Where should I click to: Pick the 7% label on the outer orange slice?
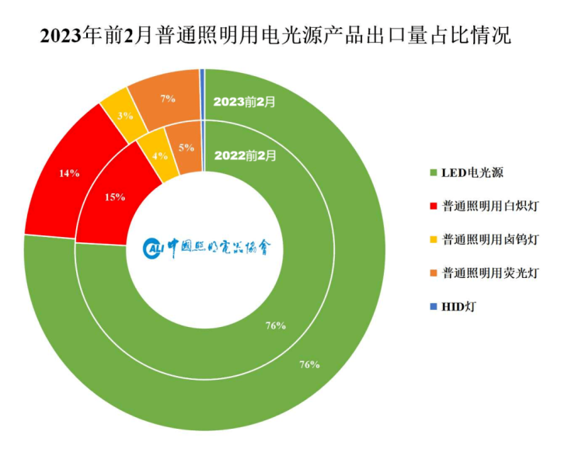coord(167,99)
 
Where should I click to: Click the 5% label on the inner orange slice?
coord(186,147)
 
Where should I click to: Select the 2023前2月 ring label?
coord(244,101)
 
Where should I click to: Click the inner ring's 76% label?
coord(275,326)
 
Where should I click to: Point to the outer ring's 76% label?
coord(309,364)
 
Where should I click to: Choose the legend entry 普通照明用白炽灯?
coord(490,205)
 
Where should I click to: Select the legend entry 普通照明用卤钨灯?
coord(490,238)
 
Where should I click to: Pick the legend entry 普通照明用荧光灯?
coord(490,273)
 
